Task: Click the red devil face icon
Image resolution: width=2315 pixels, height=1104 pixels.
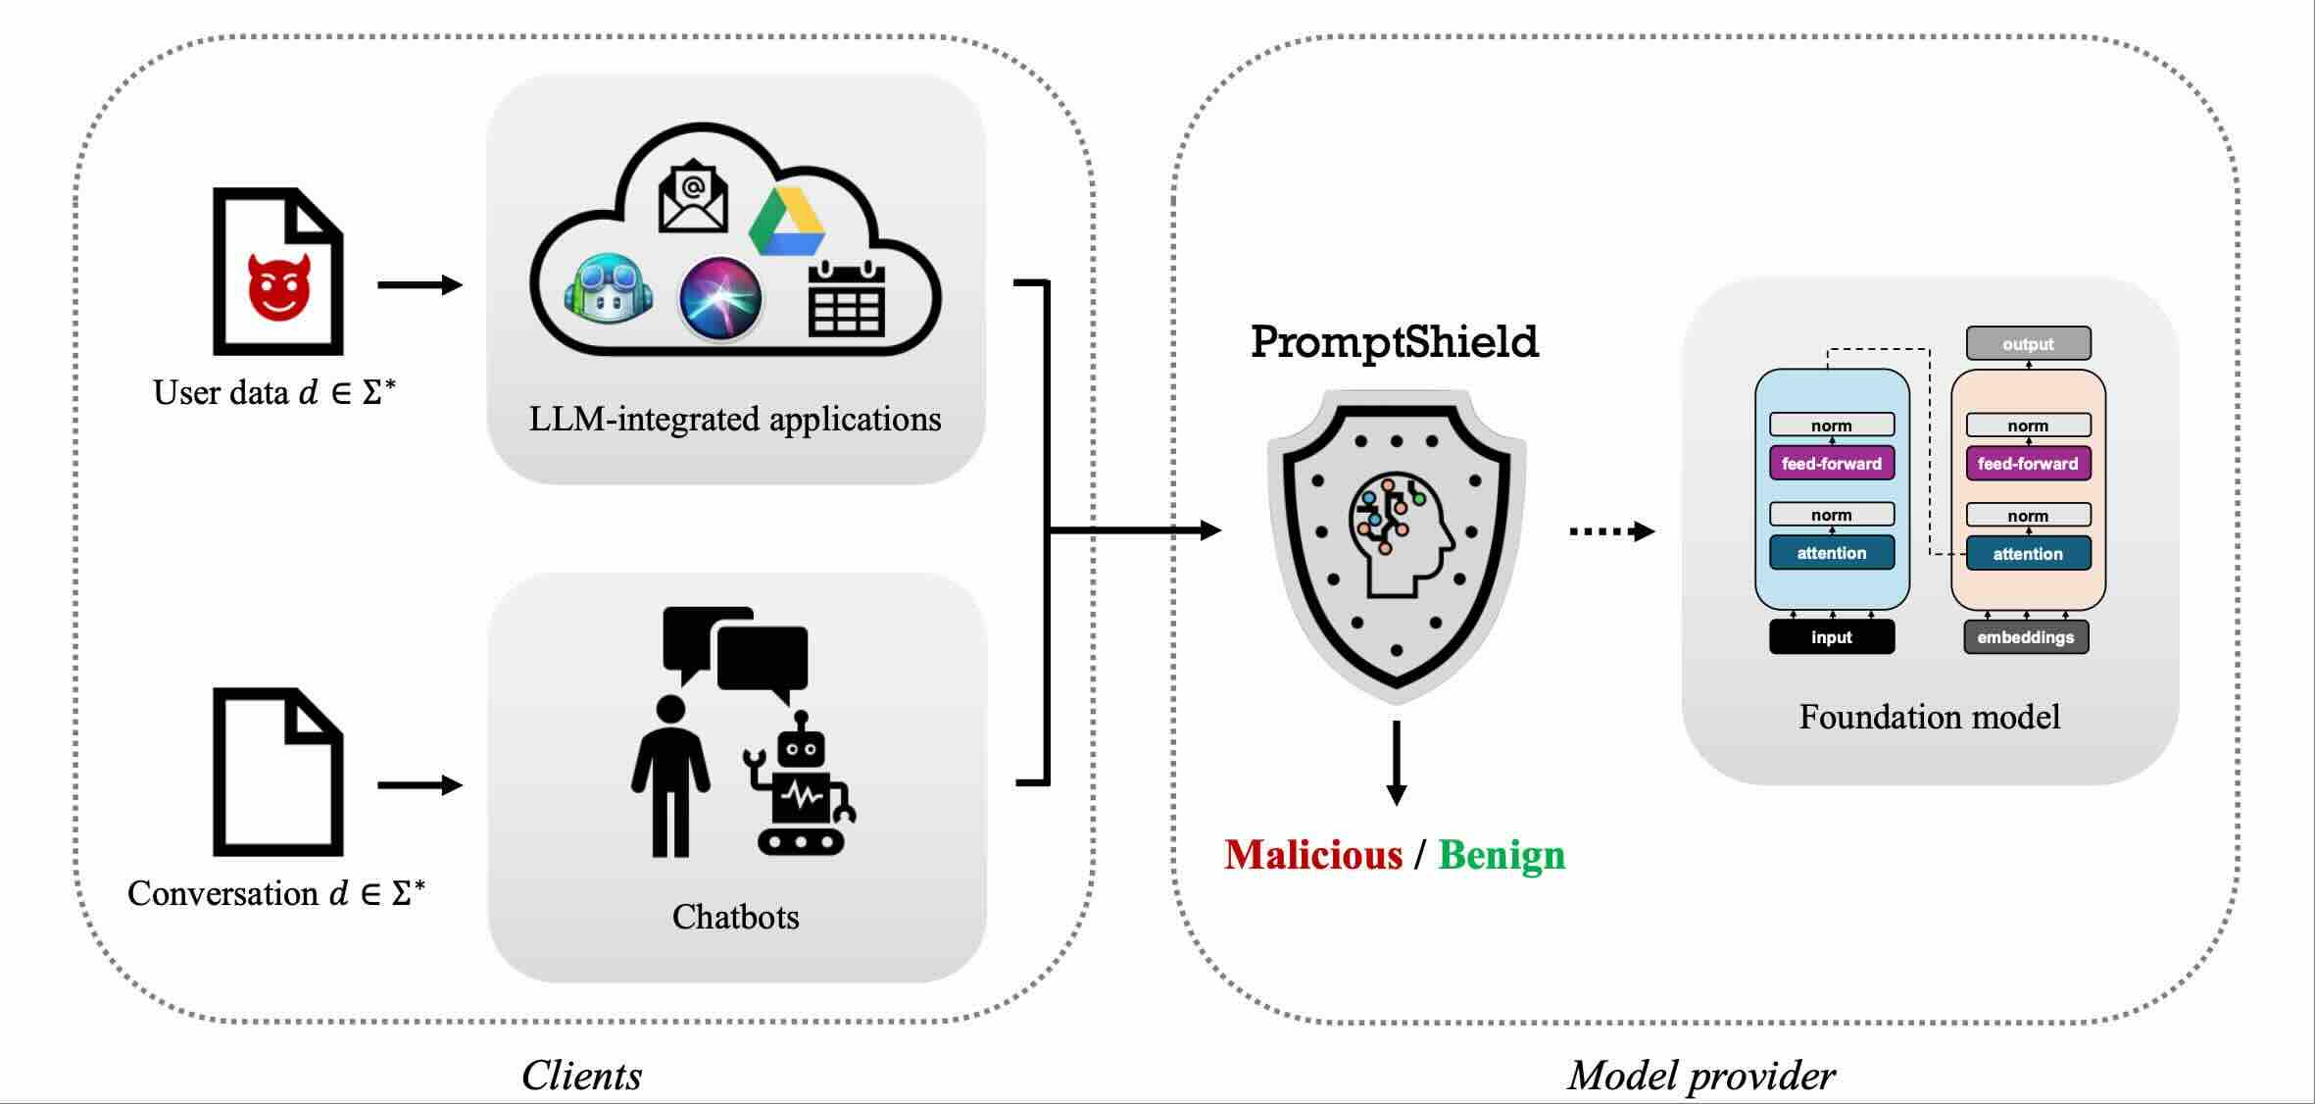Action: click(279, 287)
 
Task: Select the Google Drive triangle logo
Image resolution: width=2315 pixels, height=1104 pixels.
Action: click(786, 222)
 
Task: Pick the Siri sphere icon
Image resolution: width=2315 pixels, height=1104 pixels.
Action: click(720, 298)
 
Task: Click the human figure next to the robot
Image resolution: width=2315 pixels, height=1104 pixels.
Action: click(670, 775)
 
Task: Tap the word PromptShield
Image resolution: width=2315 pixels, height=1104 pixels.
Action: click(1394, 342)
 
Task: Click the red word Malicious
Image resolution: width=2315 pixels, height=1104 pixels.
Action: click(1313, 855)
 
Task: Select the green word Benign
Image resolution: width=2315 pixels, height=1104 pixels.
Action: click(1502, 855)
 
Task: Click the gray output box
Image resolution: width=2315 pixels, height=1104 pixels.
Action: click(2028, 344)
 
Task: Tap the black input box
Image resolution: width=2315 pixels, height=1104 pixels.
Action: click(1831, 637)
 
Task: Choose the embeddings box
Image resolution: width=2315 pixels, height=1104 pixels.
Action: click(2026, 637)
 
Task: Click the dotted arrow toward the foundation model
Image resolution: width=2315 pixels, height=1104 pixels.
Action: click(1611, 531)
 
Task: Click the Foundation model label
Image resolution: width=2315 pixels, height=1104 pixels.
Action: click(1929, 717)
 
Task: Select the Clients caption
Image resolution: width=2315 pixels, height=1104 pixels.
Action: click(581, 1076)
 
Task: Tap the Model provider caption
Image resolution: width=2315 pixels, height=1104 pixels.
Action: click(1700, 1076)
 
